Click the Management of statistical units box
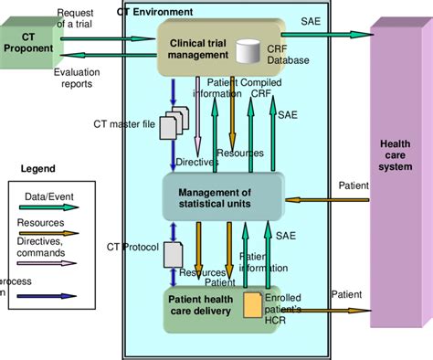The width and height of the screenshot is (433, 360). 213,196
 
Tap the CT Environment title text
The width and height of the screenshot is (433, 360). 154,12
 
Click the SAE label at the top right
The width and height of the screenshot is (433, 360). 311,19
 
